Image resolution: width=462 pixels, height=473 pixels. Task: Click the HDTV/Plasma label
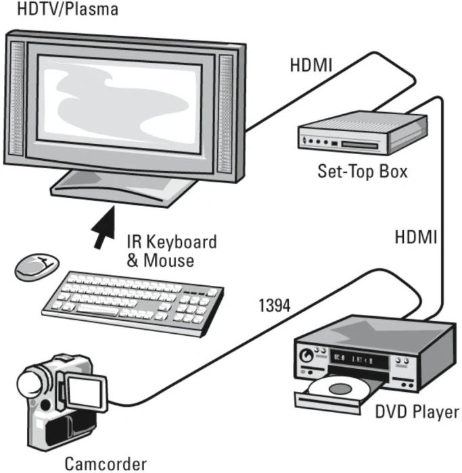(60, 9)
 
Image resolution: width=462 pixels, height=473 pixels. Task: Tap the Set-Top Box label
(363, 171)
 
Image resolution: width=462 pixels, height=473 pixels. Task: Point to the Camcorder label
(105, 464)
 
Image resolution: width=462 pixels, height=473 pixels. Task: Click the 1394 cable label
(274, 305)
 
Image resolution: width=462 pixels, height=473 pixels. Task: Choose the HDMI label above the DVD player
(416, 237)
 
